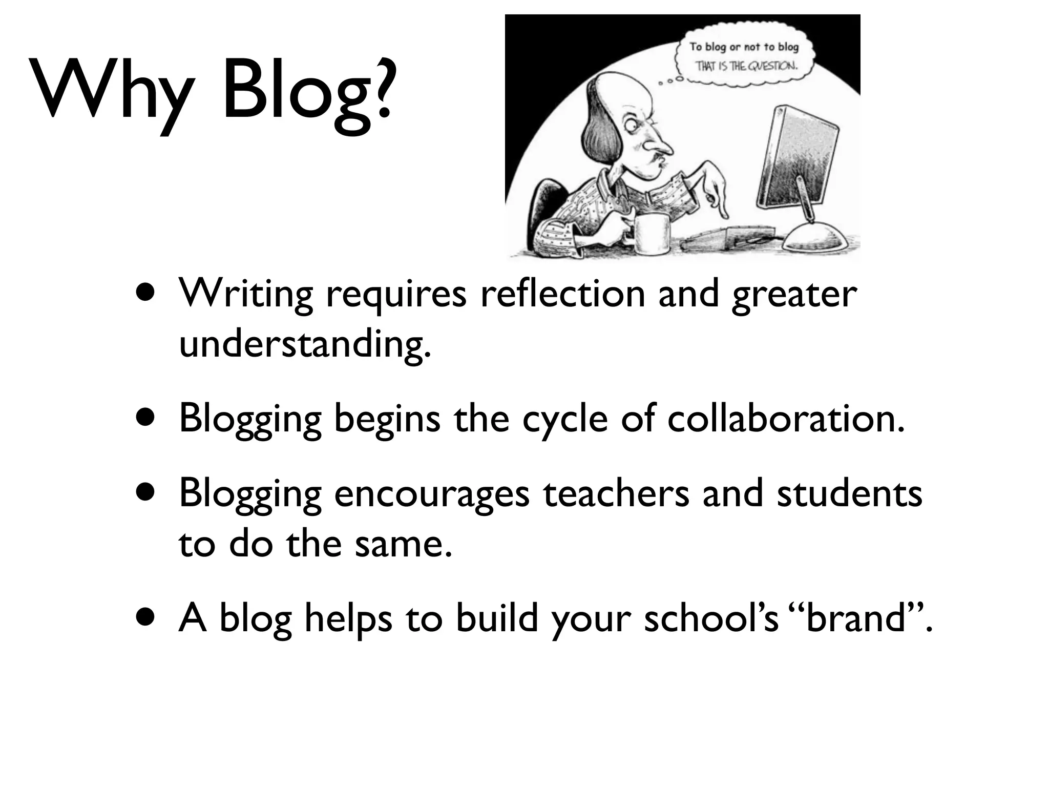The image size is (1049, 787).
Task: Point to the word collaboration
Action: [786, 418]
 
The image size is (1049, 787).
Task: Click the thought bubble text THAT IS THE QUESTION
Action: [746, 66]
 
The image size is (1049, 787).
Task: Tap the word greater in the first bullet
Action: [794, 296]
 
